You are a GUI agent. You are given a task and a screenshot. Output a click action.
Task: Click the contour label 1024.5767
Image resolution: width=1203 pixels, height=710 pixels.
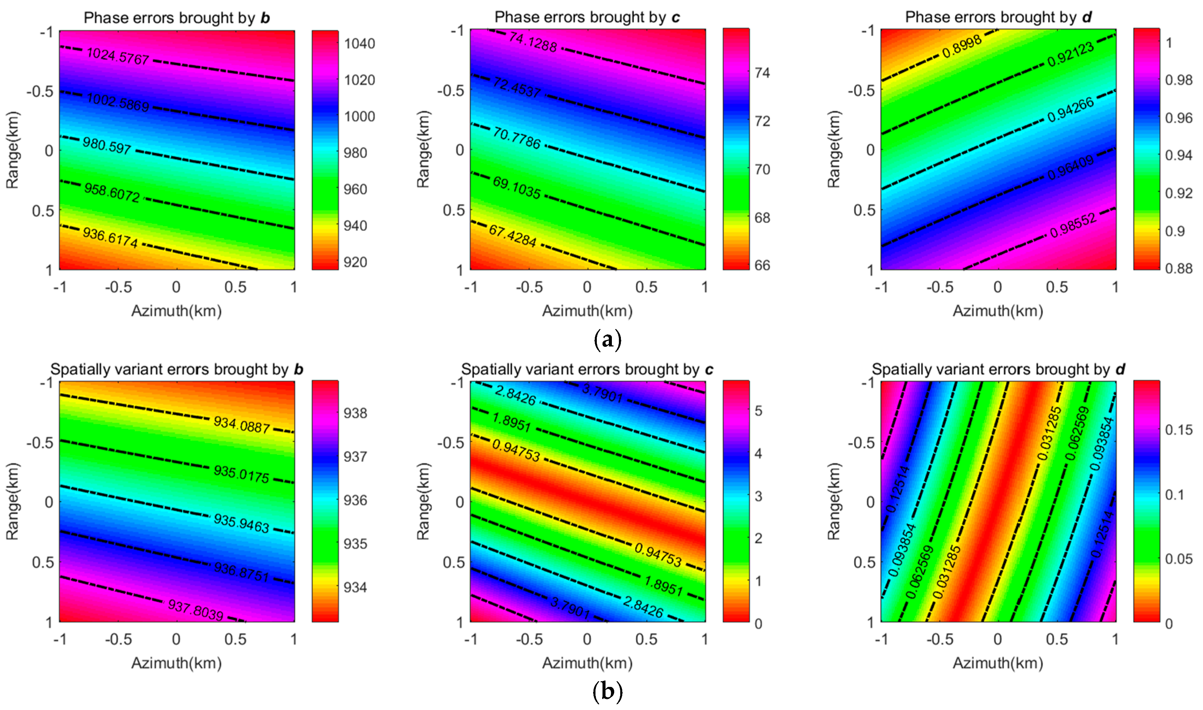[x=118, y=56]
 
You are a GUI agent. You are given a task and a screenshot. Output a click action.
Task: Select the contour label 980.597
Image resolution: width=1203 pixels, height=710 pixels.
[x=107, y=145]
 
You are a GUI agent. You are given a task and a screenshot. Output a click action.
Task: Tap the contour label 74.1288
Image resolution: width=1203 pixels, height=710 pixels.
[x=533, y=42]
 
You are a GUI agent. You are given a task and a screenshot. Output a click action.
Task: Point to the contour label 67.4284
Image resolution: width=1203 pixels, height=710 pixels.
[x=512, y=235]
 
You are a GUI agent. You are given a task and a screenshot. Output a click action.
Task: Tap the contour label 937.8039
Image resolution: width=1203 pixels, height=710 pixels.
[x=196, y=610]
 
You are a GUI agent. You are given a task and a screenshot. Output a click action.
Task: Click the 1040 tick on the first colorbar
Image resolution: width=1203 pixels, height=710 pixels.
[x=360, y=44]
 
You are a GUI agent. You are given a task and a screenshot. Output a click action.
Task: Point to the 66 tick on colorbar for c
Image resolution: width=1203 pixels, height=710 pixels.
[x=762, y=265]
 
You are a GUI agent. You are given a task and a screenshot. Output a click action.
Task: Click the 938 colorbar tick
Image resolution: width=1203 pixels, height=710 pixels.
[x=355, y=413]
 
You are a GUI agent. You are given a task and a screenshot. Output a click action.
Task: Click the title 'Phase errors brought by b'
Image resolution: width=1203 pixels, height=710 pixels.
[x=176, y=18]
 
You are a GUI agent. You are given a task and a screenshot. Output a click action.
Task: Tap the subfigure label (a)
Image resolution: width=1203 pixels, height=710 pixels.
[x=607, y=340]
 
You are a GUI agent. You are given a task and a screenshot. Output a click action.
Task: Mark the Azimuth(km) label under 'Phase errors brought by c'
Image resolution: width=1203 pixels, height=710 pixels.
[x=587, y=311]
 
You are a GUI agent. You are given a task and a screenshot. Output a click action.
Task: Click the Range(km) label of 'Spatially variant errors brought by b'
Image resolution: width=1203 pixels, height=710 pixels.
[x=12, y=501]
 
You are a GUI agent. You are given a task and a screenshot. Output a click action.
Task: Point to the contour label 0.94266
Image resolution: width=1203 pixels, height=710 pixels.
[x=1070, y=109]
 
